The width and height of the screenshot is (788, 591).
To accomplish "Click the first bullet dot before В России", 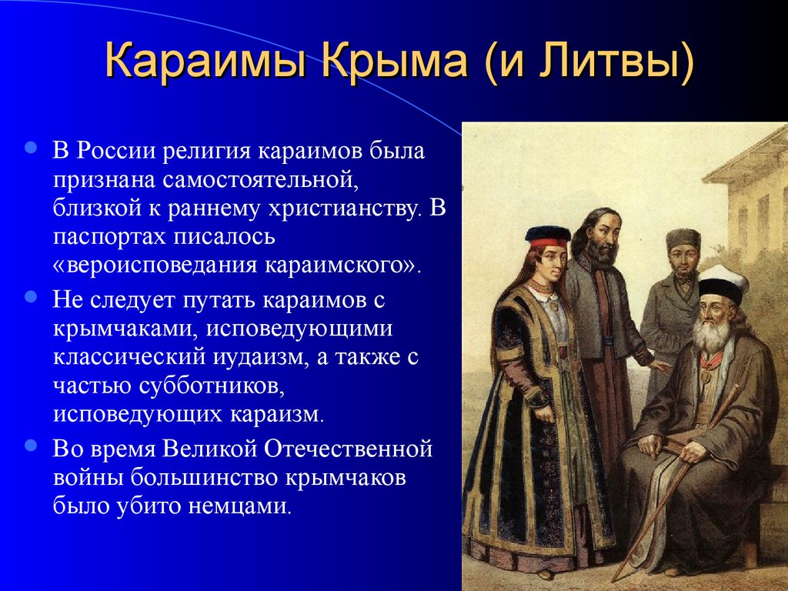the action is click(x=31, y=147).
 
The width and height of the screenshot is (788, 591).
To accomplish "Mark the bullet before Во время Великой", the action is click(x=31, y=446).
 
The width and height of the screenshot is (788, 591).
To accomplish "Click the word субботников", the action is click(x=208, y=386).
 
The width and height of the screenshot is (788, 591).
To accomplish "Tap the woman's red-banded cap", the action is click(x=548, y=237).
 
